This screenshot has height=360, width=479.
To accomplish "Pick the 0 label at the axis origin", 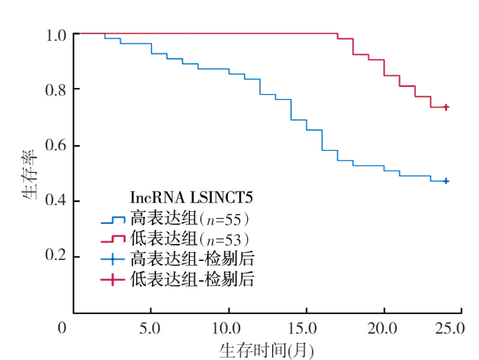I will coord(62,328).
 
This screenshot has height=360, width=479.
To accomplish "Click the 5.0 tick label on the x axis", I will coord(151,328).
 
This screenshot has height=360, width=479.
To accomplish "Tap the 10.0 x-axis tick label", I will coord(228,328).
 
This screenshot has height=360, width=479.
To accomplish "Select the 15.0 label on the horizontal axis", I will coord(306,328).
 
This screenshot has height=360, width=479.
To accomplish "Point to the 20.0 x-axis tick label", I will coord(384,328).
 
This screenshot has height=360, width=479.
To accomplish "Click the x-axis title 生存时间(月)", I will coord(267,350).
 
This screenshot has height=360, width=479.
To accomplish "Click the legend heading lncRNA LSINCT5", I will coord(191,198).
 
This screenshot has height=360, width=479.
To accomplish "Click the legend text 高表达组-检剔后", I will coord(192,259).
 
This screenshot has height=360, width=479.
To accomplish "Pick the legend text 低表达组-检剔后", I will coord(192,279).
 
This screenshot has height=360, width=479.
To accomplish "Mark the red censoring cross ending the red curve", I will coord(446,107).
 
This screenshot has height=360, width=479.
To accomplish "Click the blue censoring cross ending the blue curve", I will coord(446,181).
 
